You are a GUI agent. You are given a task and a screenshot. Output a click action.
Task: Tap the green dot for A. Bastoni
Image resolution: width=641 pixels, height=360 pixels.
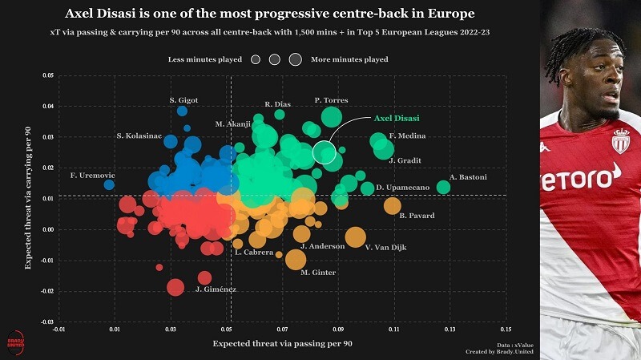pyautogui.click(x=443, y=188)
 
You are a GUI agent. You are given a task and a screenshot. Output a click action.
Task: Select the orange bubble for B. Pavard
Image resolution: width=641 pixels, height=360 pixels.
pyautogui.click(x=392, y=206)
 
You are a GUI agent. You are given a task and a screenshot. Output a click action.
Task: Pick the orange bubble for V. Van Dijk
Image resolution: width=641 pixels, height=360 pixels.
pyautogui.click(x=355, y=237)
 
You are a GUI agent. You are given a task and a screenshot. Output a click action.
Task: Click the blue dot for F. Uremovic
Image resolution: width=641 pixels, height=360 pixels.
pyautogui.click(x=109, y=184)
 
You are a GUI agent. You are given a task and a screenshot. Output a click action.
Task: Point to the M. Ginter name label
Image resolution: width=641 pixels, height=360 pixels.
pyautogui.click(x=318, y=273)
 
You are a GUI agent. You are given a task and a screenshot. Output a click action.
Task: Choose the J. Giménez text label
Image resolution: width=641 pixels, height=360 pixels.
pyautogui.click(x=216, y=289)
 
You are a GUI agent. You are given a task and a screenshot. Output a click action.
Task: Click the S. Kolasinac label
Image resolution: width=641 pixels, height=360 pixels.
pyautogui.click(x=139, y=136)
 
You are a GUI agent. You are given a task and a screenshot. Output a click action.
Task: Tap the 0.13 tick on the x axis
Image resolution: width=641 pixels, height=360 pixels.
pyautogui.click(x=450, y=330)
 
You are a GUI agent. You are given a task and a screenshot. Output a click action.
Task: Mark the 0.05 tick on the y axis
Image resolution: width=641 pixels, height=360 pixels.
pyautogui.click(x=48, y=76)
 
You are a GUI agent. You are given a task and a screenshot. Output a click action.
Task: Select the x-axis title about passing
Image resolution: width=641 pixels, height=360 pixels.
pyautogui.click(x=282, y=344)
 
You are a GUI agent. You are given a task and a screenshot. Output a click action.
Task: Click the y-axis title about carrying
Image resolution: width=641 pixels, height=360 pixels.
pyautogui.click(x=28, y=199)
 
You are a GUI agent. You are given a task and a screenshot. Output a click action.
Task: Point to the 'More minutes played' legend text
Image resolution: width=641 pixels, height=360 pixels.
pyautogui.click(x=349, y=59)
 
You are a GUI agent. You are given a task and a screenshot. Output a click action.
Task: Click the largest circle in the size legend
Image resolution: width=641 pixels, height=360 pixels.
pyautogui.click(x=295, y=59)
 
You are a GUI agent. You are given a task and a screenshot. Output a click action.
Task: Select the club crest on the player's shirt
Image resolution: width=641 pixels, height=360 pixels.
pyautogui.click(x=620, y=141)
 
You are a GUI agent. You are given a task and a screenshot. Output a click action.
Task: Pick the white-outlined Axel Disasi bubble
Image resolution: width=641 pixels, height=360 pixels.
pyautogui.click(x=325, y=152)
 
